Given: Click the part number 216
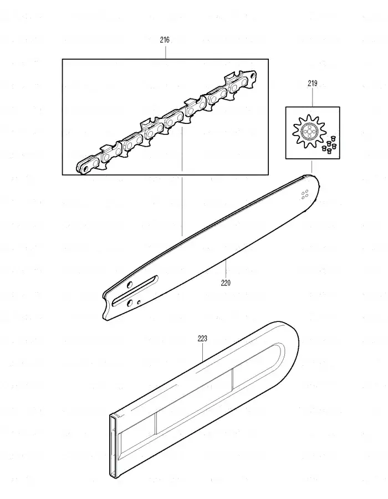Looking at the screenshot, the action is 165,40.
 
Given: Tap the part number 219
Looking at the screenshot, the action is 313,84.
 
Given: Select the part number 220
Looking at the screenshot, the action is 226,283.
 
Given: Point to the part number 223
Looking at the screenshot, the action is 202,338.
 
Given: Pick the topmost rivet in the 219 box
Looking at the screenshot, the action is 334,138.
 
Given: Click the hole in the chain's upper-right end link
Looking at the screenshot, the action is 253,76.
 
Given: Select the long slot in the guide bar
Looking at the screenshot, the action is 135,290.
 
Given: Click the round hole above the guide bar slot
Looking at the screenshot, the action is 130,284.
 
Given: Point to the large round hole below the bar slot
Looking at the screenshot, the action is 130,303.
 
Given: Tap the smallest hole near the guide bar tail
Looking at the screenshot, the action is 139,302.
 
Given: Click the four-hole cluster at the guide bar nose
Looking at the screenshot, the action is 305,195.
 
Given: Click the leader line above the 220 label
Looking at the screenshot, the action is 226,269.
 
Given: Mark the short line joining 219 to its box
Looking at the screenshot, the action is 313,97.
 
